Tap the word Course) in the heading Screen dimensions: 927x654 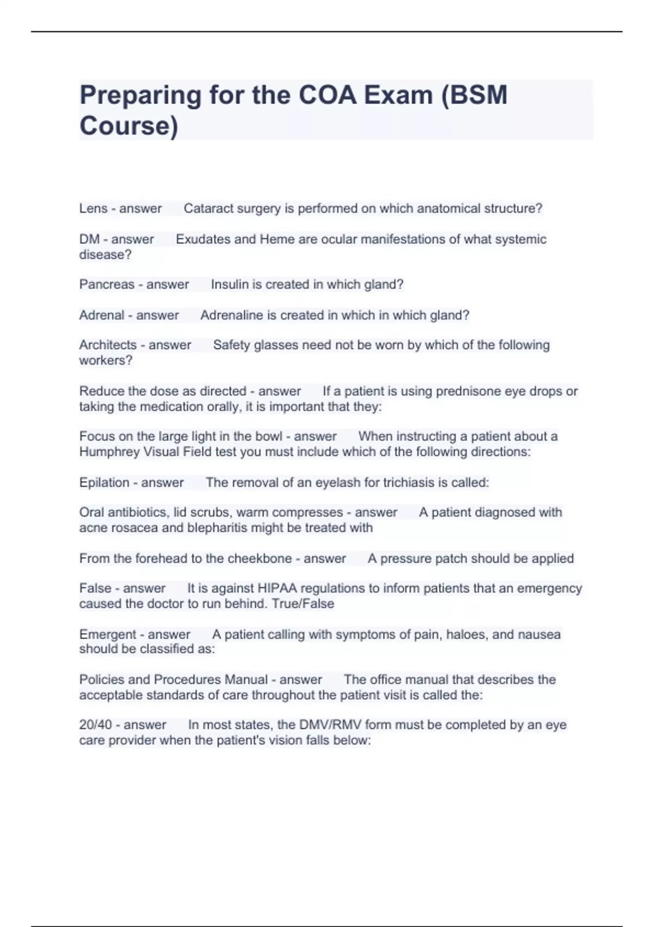click(x=129, y=125)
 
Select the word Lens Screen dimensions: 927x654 click(x=93, y=208)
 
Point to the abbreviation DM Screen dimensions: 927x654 click(x=89, y=239)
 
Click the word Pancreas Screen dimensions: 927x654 click(x=107, y=285)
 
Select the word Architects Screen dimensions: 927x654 click(x=108, y=345)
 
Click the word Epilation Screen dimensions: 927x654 click(x=104, y=483)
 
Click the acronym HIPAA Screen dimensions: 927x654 click(x=277, y=588)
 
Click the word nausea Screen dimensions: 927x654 click(x=539, y=635)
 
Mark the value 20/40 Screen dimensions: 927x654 click(x=95, y=725)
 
